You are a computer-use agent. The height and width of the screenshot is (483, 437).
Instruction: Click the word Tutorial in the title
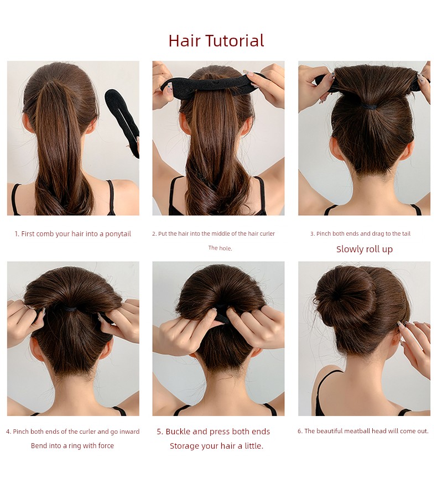pyautogui.click(x=235, y=40)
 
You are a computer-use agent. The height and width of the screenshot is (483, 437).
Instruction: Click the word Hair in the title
pyautogui.click(x=184, y=40)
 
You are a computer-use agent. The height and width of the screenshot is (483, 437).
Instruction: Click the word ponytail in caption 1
pyautogui.click(x=118, y=234)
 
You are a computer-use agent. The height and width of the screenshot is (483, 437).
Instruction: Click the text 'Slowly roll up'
pyautogui.click(x=365, y=249)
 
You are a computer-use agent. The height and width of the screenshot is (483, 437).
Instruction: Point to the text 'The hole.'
pyautogui.click(x=220, y=248)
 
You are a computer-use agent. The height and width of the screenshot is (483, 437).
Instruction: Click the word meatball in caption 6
pyautogui.click(x=357, y=431)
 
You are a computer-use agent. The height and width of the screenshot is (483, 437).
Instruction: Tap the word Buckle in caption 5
pyautogui.click(x=178, y=432)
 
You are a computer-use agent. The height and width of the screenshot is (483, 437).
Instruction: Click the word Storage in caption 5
pyautogui.click(x=184, y=446)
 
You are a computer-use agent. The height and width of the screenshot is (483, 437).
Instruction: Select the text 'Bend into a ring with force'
pyautogui.click(x=72, y=446)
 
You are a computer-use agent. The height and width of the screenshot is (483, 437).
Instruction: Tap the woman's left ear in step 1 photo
pyautogui.click(x=27, y=123)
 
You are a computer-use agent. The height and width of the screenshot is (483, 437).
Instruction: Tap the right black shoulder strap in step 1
pyautogui.click(x=111, y=197)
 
